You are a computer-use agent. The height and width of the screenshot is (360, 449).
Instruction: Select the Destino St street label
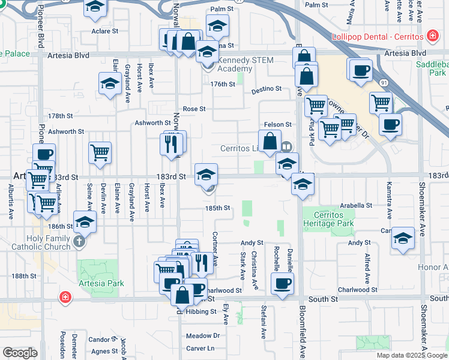[x=266, y=89]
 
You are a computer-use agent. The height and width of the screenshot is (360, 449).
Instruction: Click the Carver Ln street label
[x=200, y=348]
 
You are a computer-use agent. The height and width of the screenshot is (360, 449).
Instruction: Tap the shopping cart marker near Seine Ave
[x=100, y=152]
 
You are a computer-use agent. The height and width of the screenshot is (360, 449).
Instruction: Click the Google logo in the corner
[x=20, y=353]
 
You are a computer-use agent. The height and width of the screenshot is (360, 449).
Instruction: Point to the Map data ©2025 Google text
[x=412, y=355]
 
